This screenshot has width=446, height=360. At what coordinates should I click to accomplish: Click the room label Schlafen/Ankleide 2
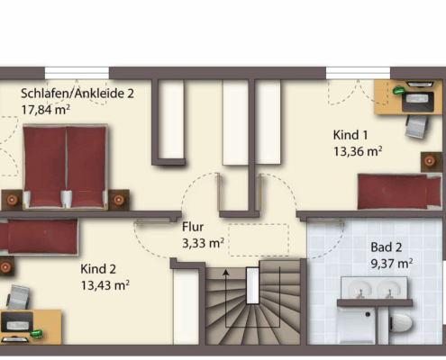pos(77,94)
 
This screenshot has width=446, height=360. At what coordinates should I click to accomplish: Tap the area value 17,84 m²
pos(45,110)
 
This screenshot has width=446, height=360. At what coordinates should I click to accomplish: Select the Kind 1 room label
pos(350,135)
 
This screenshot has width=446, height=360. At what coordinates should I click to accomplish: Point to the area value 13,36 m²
pos(358,151)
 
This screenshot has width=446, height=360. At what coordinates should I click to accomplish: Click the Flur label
pos(193,227)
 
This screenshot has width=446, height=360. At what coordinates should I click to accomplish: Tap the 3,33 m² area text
pos(203,243)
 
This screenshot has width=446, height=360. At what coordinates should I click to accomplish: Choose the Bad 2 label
pos(387,247)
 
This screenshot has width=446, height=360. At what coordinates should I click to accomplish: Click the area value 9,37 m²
pos(392,264)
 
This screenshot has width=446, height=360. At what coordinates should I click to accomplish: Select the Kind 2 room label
pos(98,269)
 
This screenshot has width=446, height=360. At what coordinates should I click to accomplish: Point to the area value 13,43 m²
pos(105,285)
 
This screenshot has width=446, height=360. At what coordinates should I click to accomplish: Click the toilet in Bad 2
pos(400,323)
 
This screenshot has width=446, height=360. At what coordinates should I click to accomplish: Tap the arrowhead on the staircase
pos(226,272)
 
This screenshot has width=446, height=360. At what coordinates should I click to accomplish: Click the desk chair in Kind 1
pos(416,126)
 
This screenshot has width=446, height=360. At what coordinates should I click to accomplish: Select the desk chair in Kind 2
pos(18,297)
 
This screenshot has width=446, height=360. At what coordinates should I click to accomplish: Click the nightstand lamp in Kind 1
pos(430,161)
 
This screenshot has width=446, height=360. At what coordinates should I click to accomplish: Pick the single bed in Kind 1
pos(399,191)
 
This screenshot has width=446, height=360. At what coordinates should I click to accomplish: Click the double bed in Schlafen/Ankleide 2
pos(65,166)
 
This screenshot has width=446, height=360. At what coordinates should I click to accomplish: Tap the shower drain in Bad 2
pos(368,314)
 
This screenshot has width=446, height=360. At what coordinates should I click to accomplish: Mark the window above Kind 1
pos(358,73)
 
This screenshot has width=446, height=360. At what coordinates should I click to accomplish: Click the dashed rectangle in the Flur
pos(259,240)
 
